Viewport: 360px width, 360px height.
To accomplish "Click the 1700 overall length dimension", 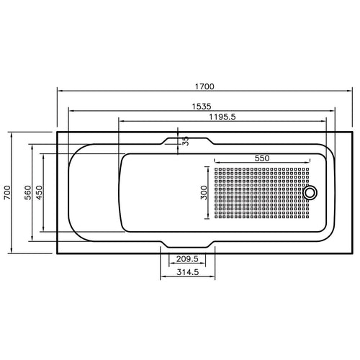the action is [x=204, y=86].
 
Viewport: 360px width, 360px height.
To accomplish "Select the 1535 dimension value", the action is [x=202, y=107].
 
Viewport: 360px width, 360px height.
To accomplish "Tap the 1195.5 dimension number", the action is [x=222, y=117].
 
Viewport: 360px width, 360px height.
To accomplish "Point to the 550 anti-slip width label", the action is [x=262, y=158].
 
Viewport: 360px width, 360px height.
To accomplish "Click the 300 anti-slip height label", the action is [x=204, y=192].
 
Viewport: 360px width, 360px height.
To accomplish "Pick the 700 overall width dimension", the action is [x=7, y=192].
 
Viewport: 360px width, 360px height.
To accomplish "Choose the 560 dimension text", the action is [x=28, y=193].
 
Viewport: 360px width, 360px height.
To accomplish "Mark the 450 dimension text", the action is [x=39, y=192].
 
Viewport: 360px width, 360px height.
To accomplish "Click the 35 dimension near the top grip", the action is [x=186, y=140].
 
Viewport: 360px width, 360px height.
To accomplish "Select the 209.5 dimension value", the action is [x=187, y=259].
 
